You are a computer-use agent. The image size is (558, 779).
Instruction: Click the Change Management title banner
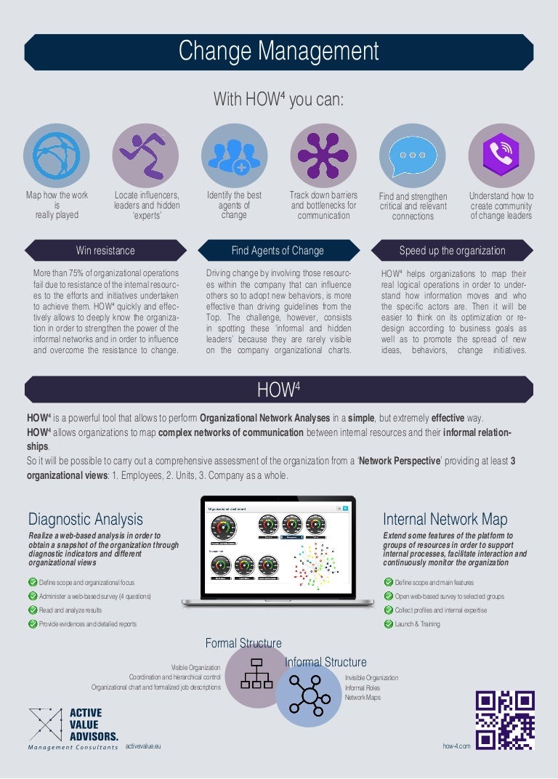(x=279, y=52)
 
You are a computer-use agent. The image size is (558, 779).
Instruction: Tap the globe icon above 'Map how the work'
(x=57, y=156)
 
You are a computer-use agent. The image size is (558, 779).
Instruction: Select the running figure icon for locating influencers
(x=145, y=156)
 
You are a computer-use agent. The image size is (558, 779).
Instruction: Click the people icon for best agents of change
(x=234, y=156)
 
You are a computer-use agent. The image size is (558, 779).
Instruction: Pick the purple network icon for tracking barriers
(x=323, y=156)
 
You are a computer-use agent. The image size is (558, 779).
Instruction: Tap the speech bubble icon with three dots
(x=413, y=156)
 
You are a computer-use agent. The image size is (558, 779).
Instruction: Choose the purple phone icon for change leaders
(x=501, y=156)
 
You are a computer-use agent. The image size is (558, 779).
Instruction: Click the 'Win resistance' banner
(x=105, y=251)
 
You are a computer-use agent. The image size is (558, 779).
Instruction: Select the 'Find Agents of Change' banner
(x=278, y=251)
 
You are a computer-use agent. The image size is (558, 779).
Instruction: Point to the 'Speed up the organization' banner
(x=452, y=251)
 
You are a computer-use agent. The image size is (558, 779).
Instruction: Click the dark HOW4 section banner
(x=279, y=390)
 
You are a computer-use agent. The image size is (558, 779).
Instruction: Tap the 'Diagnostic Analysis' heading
(x=86, y=519)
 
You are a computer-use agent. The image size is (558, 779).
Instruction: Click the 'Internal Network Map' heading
(x=445, y=519)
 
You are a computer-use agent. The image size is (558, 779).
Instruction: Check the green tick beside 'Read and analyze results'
(x=33, y=610)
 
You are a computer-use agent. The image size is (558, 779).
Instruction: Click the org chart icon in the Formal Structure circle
(x=256, y=674)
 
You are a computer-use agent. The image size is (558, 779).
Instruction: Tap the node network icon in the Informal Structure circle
(x=309, y=695)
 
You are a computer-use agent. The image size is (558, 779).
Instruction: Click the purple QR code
(x=505, y=719)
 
